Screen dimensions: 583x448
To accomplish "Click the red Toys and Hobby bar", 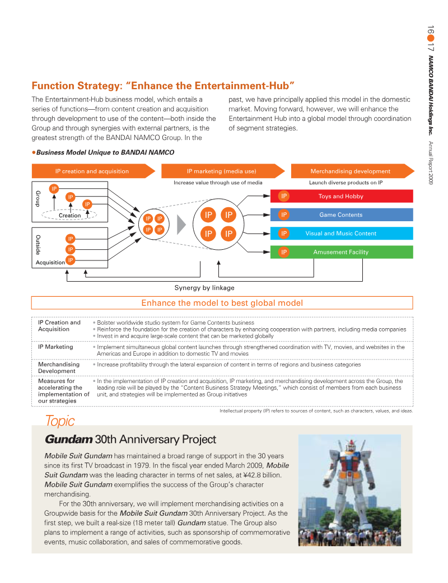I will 342,196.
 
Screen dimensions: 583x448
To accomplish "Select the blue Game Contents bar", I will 342,215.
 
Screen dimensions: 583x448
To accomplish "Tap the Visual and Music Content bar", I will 342,234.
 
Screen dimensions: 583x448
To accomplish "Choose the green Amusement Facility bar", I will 342,252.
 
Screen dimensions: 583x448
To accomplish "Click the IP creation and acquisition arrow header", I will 92,171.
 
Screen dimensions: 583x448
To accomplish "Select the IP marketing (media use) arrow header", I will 222,171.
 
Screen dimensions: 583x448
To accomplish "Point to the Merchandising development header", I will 351,171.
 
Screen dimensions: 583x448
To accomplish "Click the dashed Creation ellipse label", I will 70,215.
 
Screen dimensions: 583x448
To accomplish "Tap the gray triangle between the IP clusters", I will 181,224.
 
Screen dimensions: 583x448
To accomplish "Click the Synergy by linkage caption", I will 204,288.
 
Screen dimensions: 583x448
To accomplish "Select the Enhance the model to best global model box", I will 222,303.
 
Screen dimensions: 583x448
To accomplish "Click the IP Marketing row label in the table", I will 55,347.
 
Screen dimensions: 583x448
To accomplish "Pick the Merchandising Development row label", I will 59,367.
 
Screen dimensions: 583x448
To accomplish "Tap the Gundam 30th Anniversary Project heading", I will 130,439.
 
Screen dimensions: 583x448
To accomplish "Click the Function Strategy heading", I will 163,86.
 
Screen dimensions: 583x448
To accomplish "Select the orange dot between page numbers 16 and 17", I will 430,39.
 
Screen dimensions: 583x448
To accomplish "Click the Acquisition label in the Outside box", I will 50,262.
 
